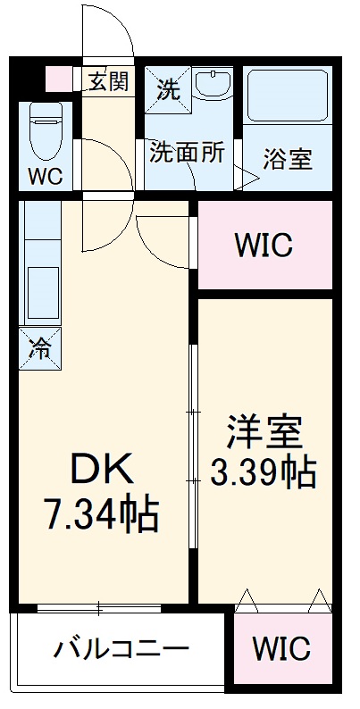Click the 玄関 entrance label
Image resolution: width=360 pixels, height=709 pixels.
(x=108, y=81)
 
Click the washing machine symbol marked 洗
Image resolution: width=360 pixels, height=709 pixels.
(x=167, y=88)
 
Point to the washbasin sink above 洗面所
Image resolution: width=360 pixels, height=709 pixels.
(x=212, y=87)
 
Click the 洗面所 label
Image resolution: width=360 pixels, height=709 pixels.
(x=186, y=152)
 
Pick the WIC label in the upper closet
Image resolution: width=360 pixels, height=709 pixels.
(x=264, y=245)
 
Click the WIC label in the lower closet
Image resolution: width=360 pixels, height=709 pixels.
(x=280, y=647)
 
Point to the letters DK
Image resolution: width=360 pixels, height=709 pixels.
(x=102, y=469)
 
